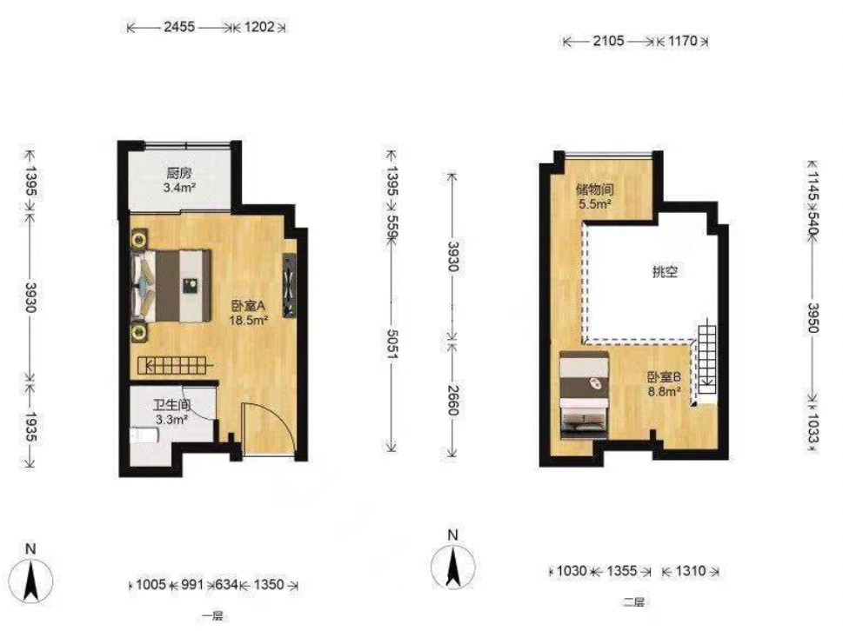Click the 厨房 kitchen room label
click(x=179, y=173)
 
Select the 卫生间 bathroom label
click(x=172, y=405)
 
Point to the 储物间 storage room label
click(x=594, y=189)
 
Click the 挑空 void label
click(x=665, y=272)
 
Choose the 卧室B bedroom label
click(x=664, y=377)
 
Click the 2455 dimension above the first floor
click(x=179, y=27)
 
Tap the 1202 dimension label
click(x=259, y=27)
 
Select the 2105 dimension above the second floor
click(x=609, y=41)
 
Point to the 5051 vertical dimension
click(x=392, y=343)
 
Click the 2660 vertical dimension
click(x=452, y=400)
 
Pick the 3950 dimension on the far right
click(x=813, y=317)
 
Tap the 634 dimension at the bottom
click(x=226, y=584)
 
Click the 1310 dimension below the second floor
click(x=690, y=570)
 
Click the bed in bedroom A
click(x=171, y=286)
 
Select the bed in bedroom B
click(x=584, y=395)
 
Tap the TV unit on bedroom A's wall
click(x=290, y=285)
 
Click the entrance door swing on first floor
click(x=268, y=430)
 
